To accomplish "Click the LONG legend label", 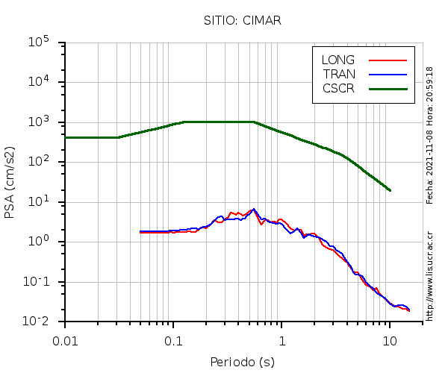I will coord(338,60).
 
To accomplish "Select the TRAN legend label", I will coord(339,74).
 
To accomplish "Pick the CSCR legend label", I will coord(338,88).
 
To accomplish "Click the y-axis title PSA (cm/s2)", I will coord(10,182).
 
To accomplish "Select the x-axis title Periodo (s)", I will coord(242,363).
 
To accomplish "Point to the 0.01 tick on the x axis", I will coord(65,340).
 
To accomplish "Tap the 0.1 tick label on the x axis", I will coord(173,340).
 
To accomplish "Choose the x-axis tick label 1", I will coord(281,340).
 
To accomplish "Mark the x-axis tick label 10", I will coord(390,340).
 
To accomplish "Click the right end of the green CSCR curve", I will coord(390,190).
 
